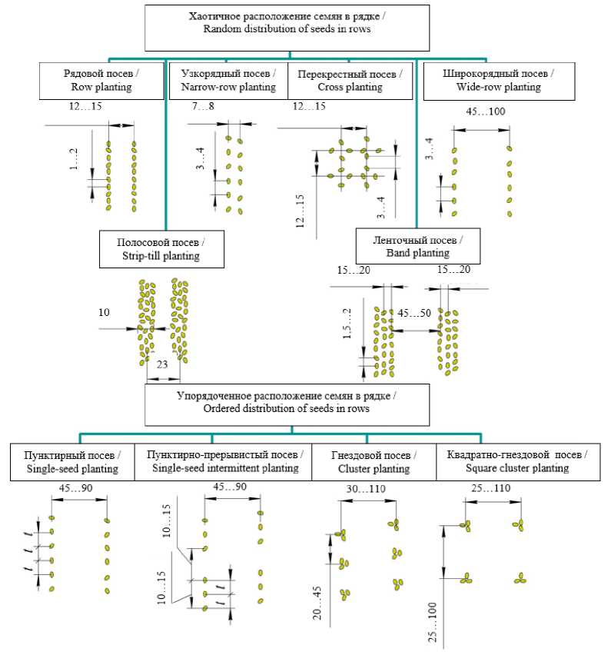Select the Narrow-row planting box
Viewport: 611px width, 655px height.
pyautogui.click(x=227, y=80)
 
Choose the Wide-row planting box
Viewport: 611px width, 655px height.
pyautogui.click(x=497, y=80)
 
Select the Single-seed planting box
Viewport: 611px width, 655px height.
pyautogui.click(x=72, y=462)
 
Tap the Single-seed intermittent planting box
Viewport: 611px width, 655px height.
pyautogui.click(x=224, y=462)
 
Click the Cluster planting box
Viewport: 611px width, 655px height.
pyautogui.click(x=374, y=462)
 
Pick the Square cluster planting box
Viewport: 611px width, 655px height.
pyautogui.click(x=513, y=462)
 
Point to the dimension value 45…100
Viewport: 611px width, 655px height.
pyautogui.click(x=485, y=112)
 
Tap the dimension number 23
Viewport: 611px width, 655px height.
pyautogui.click(x=163, y=367)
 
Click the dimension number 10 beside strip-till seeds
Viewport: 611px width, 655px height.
pyautogui.click(x=105, y=313)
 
